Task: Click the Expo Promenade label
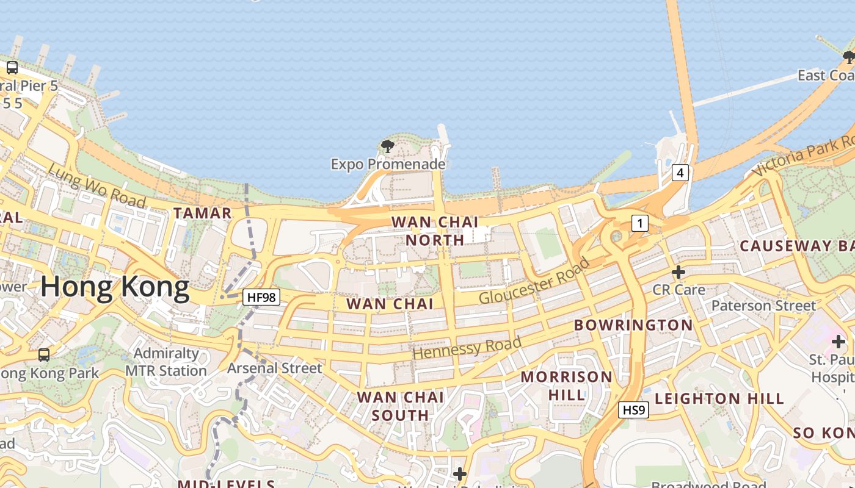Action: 388,164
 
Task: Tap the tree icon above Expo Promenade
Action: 387,146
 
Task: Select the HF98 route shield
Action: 261,297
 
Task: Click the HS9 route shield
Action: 633,410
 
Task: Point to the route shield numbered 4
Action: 680,173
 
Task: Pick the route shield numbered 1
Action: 639,223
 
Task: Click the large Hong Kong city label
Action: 115,287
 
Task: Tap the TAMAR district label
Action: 203,213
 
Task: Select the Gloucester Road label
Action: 534,281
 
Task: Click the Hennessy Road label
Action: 467,347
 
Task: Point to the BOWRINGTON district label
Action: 633,325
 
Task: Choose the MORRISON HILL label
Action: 567,386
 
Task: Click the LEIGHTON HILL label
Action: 719,399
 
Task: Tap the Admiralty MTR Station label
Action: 166,362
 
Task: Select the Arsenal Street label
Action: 274,368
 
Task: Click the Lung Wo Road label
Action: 96,185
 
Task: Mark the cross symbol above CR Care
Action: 679,271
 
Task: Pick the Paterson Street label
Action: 763,305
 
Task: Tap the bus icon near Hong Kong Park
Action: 44,354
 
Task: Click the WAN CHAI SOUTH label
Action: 401,406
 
